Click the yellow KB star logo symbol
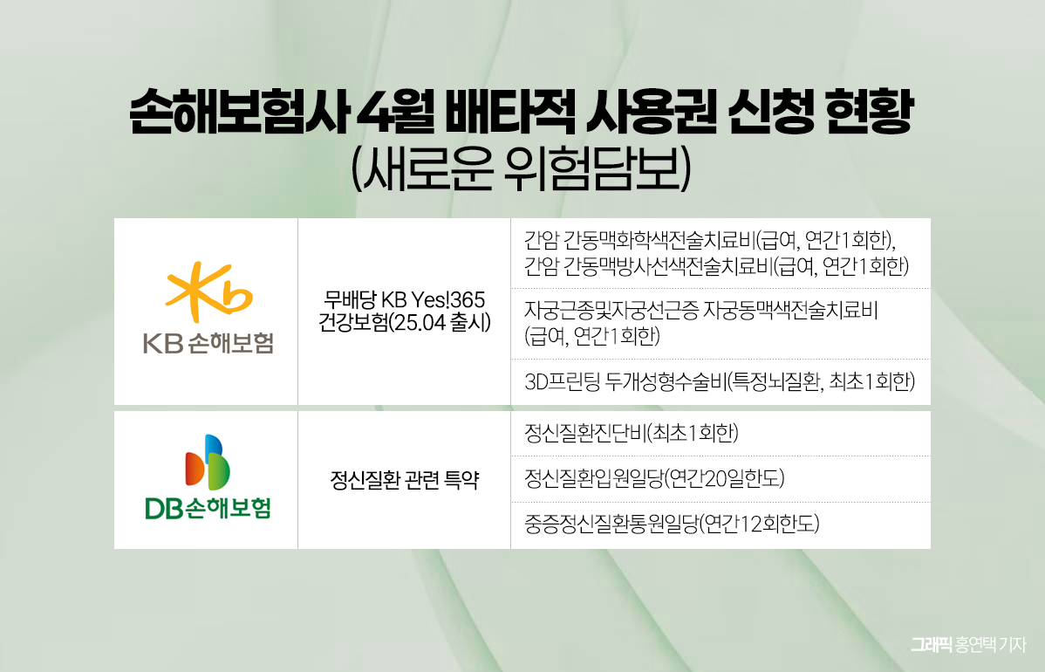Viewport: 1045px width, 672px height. (x=208, y=291)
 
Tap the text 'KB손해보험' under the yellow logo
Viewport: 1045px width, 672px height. (x=208, y=343)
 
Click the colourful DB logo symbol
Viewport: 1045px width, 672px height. (x=208, y=462)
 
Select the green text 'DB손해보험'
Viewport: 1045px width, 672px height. (x=208, y=508)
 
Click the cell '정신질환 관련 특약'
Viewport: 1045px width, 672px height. (x=404, y=480)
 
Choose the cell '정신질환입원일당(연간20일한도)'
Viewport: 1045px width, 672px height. (x=655, y=478)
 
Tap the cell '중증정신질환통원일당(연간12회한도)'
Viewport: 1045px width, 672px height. (x=673, y=525)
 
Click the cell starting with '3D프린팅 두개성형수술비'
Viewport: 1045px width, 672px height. (x=720, y=381)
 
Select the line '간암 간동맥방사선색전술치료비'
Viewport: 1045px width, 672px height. (x=650, y=264)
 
